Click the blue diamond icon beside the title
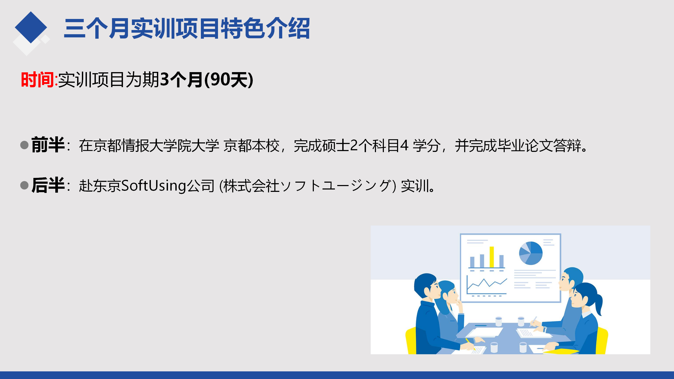tap(31, 27)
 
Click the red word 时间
tap(37, 79)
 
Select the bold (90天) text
tap(229, 79)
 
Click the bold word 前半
tap(48, 145)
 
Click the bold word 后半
tap(48, 185)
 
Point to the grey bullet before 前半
tap(24, 145)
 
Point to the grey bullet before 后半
tap(24, 185)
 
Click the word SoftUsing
tap(154, 186)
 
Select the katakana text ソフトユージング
tap(336, 186)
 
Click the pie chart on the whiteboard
tap(531, 253)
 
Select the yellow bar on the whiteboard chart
tap(492, 257)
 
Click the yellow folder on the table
tap(561, 351)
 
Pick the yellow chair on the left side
tap(411, 341)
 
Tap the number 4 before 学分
tap(404, 145)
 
